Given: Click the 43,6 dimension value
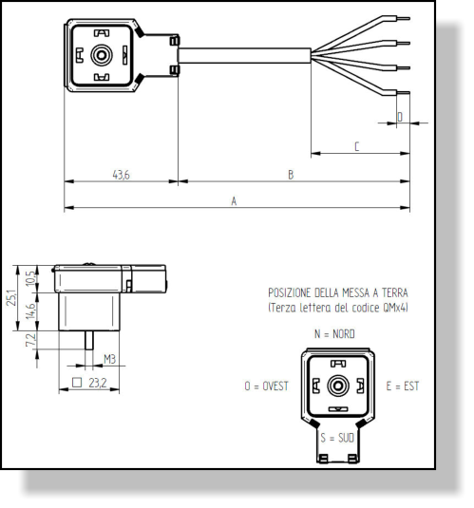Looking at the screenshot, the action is point(121,175).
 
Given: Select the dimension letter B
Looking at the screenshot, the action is point(291,175).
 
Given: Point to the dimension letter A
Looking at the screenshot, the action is point(234,201).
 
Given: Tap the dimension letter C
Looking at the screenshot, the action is point(356,146).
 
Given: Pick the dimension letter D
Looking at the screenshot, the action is point(400,117).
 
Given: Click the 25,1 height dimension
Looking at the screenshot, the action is point(11,298).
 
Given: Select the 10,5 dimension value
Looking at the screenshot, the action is point(29,278).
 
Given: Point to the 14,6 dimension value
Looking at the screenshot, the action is point(29,311).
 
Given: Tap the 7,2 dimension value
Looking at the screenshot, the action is point(29,340).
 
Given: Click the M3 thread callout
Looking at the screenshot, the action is point(109,359).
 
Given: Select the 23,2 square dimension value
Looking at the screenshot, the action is point(97,383).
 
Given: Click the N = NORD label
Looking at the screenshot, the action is point(334,334).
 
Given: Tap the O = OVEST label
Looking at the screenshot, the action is point(266,386).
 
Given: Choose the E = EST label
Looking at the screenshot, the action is point(403,386).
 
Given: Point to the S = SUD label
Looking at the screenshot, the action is point(337,438).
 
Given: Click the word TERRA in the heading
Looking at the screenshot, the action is point(394,292).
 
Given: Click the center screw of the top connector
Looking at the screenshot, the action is point(102,55).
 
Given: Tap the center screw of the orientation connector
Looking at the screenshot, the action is point(338,386).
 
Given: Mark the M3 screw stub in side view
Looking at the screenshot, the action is point(89,340).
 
